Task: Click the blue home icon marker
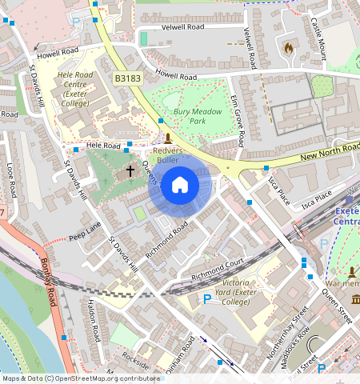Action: click(x=180, y=186)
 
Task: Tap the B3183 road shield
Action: click(x=127, y=78)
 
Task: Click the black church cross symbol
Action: click(x=130, y=171)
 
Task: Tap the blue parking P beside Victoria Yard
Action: click(x=207, y=299)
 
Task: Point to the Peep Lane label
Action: click(x=85, y=233)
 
